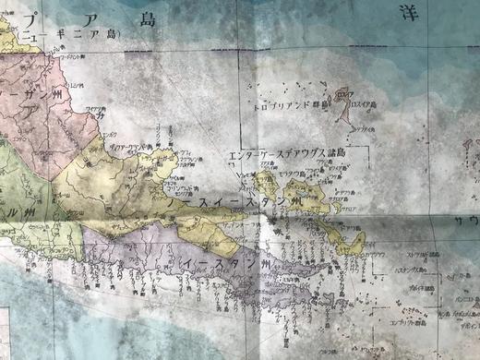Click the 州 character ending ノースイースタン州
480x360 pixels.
tap(294, 202)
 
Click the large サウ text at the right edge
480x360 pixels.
tap(466, 222)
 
